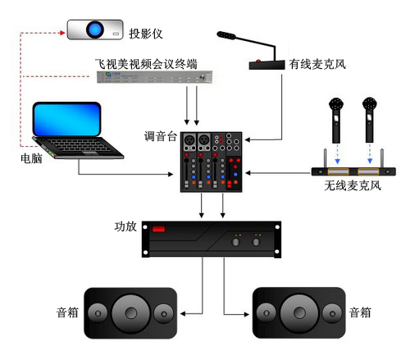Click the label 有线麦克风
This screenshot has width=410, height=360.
click(318, 63)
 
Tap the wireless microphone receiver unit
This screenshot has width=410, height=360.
click(353, 171)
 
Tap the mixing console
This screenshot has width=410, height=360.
click(212, 161)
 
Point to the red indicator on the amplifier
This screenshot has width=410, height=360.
click(159, 230)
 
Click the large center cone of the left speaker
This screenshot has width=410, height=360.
click(130, 312)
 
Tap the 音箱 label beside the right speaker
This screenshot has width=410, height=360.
click(361, 312)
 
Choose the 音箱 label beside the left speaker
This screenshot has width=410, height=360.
click(67, 312)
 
